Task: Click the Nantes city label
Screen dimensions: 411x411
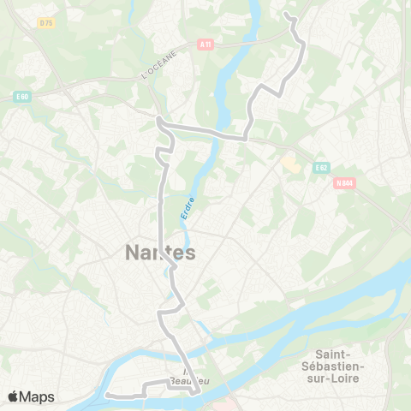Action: (x=160, y=253)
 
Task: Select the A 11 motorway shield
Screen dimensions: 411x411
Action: (x=205, y=45)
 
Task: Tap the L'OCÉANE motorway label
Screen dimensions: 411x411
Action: (x=158, y=65)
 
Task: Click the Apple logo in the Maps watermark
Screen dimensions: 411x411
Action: (x=14, y=396)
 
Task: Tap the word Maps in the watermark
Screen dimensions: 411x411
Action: (x=37, y=396)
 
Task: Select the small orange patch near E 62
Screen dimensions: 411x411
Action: (x=291, y=163)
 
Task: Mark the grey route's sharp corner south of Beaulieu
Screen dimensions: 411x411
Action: (x=198, y=391)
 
